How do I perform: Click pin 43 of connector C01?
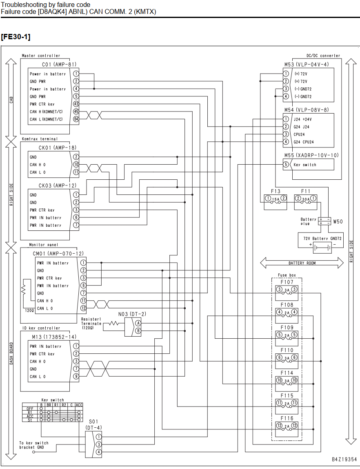76,104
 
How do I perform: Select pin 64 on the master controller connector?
76,119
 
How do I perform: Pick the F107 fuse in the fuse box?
287,290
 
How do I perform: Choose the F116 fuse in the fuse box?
287,426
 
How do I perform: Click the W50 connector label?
338,222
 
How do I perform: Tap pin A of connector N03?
138,323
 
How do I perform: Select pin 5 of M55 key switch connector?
286,165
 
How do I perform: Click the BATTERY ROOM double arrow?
302,263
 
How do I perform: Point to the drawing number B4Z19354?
344,460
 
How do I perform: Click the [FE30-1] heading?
16,37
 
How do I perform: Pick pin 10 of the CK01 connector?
76,165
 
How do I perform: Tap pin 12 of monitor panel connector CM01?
83,308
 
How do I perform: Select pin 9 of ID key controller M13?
76,376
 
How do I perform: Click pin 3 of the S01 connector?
98,444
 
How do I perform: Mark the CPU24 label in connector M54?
299,134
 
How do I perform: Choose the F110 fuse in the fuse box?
287,358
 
